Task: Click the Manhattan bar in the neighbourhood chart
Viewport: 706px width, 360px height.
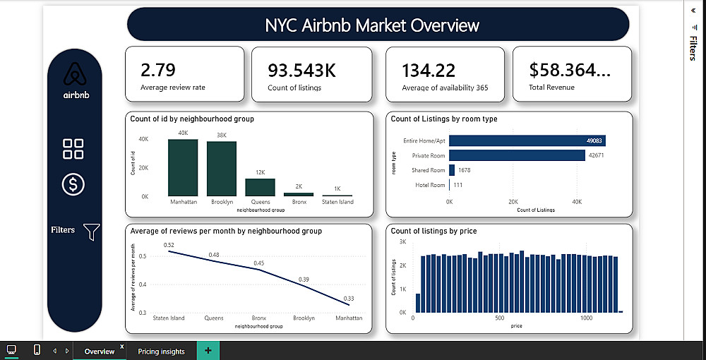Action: [x=183, y=168]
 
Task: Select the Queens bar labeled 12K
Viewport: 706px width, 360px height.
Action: [x=260, y=187]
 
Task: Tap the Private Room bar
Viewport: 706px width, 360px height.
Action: [x=517, y=155]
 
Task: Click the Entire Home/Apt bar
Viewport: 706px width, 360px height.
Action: [x=527, y=140]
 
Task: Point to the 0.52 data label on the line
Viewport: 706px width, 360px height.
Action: [x=169, y=245]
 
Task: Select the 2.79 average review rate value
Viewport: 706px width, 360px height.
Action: [x=158, y=70]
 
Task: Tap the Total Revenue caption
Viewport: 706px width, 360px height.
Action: [x=551, y=88]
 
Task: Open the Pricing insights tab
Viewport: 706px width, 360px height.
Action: [x=161, y=352]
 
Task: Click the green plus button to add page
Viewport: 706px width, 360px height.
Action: [x=208, y=351]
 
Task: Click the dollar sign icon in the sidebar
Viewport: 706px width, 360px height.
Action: [x=73, y=184]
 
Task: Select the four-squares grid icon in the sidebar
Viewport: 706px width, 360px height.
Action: [x=73, y=149]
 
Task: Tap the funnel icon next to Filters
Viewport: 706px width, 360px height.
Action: [x=92, y=231]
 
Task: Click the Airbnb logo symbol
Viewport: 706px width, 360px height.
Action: [x=75, y=75]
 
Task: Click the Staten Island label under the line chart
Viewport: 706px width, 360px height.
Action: [x=169, y=318]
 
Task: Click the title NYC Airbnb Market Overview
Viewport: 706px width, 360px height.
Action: [x=372, y=25]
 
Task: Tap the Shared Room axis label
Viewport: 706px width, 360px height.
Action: [x=428, y=170]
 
